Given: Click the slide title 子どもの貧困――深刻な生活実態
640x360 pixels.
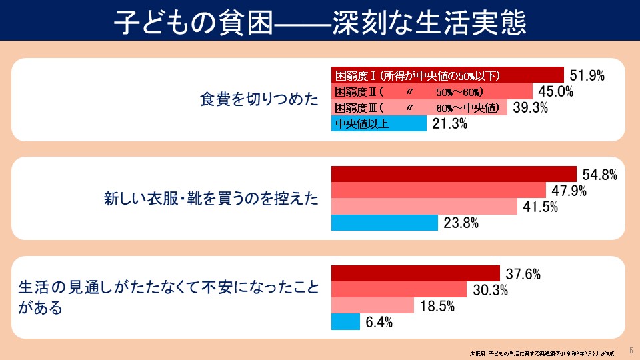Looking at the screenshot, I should pyautogui.click(x=320, y=21).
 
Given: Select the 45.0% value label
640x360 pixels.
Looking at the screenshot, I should pyautogui.click(x=555, y=92).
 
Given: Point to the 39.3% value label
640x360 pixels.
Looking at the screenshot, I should pyautogui.click(x=529, y=108).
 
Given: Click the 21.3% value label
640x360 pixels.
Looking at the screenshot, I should pyautogui.click(x=449, y=124).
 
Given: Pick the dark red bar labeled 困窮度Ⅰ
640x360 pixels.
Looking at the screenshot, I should pyautogui.click(x=447, y=75).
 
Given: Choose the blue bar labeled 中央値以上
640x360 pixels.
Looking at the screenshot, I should pyautogui.click(x=379, y=123).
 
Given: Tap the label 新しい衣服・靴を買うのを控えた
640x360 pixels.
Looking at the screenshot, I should pyautogui.click(x=211, y=198).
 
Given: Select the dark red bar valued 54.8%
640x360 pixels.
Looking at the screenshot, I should pyautogui.click(x=454, y=174).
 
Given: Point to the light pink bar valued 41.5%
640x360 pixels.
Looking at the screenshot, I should pyautogui.click(x=424, y=207).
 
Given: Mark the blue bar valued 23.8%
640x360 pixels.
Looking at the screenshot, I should pyautogui.click(x=385, y=223).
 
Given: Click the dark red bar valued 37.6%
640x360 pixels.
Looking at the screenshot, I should pyautogui.click(x=415, y=273).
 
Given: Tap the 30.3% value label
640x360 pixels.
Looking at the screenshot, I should pyautogui.click(x=490, y=290).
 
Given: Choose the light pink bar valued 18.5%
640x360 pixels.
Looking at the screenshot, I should pyautogui.click(x=373, y=306).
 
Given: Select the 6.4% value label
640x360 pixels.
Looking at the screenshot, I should pyautogui.click(x=379, y=323).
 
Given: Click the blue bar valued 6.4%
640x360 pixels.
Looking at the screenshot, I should pyautogui.click(x=345, y=322).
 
